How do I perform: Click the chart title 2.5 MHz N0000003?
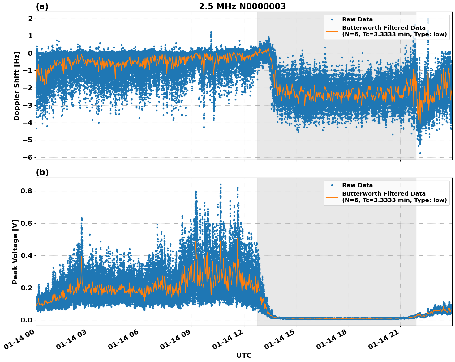(x=242, y=6)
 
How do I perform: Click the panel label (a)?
(x=42, y=6)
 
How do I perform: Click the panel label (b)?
(x=42, y=172)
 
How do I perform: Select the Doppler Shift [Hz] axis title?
(x=17, y=86)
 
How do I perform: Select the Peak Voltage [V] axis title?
(x=15, y=252)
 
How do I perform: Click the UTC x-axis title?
(x=244, y=355)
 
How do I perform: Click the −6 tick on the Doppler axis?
(x=28, y=157)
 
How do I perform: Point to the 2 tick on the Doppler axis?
(x=30, y=19)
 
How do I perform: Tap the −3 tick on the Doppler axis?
(x=28, y=105)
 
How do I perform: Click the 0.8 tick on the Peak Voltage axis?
(x=27, y=191)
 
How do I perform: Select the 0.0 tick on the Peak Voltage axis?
(x=27, y=320)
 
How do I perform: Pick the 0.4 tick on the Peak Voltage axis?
(x=27, y=255)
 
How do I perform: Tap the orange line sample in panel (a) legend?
(x=332, y=31)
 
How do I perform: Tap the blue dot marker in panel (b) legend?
(x=332, y=185)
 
